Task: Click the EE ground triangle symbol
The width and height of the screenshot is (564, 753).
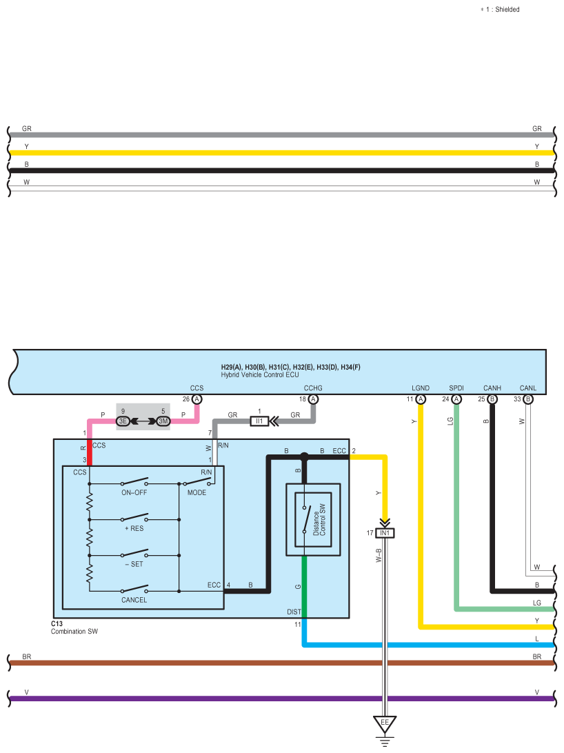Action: click(x=385, y=723)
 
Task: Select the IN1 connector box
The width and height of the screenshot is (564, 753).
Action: click(x=385, y=533)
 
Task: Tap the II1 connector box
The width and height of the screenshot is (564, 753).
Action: click(x=259, y=421)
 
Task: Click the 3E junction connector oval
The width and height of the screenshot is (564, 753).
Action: click(x=123, y=421)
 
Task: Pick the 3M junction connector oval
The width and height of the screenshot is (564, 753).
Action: click(x=163, y=421)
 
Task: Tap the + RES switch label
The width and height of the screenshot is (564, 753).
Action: click(x=134, y=528)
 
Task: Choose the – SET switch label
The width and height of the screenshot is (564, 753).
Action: click(x=134, y=564)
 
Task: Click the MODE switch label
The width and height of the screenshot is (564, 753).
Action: click(x=197, y=492)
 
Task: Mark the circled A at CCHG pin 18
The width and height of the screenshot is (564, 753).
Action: click(x=314, y=399)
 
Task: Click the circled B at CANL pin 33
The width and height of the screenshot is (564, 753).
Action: click(x=528, y=399)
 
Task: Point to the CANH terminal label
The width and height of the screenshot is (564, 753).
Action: click(x=492, y=388)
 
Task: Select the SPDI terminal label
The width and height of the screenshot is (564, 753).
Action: click(x=456, y=388)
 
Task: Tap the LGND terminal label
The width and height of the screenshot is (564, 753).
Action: click(x=421, y=388)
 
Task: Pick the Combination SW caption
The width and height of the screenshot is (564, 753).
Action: click(x=74, y=631)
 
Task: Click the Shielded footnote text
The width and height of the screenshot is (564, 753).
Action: click(x=501, y=10)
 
